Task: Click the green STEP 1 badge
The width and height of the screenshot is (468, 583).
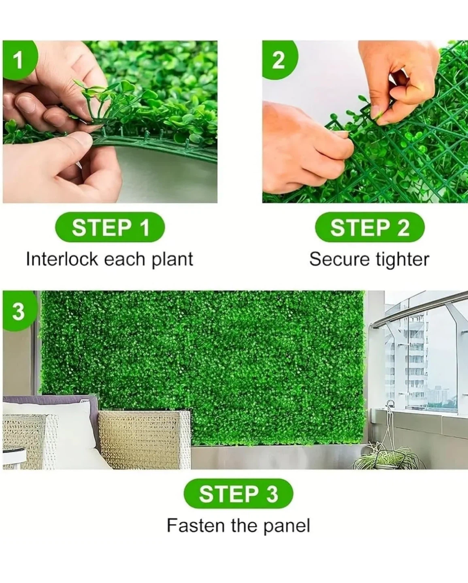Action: pos(110,227)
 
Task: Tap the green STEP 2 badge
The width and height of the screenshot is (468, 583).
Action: pos(370,227)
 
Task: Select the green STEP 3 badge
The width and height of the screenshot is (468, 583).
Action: pos(238,494)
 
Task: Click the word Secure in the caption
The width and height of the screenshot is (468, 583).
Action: pos(339,259)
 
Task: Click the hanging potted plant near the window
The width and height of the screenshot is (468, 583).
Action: pos(388,458)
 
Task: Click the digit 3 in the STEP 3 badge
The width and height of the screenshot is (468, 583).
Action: pos(272,494)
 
